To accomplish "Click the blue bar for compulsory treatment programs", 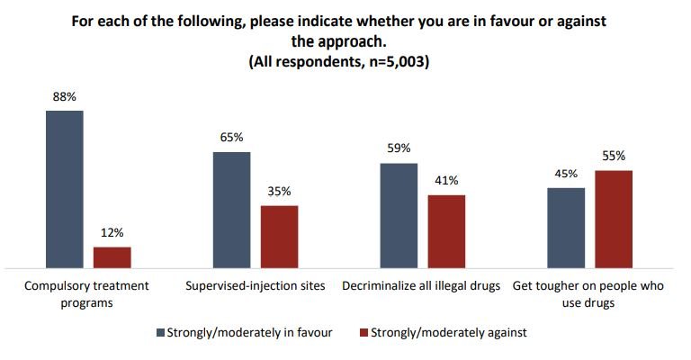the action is tap(65, 190).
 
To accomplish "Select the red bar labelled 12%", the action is tap(112, 257).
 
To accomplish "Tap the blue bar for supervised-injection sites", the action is tap(232, 211).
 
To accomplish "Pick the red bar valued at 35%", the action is tap(280, 237).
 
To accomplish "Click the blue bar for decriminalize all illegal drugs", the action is tap(399, 216).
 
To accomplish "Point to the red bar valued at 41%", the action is tap(446, 232).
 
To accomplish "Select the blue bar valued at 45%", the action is tap(566, 229).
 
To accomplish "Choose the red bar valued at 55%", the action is tap(614, 220).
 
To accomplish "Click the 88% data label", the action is tap(65, 97).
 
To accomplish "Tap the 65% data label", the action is tap(232, 138).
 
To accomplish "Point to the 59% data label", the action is tap(399, 148).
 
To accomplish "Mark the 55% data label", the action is tap(614, 156).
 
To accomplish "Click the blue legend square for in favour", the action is tap(160, 332).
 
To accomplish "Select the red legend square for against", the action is tap(363, 332).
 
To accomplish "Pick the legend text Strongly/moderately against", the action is tap(449, 332).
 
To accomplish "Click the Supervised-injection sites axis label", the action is tap(256, 286).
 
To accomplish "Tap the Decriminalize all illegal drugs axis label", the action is tap(421, 286).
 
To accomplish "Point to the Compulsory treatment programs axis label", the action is tap(86, 294).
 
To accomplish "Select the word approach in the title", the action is tap(351, 42).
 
